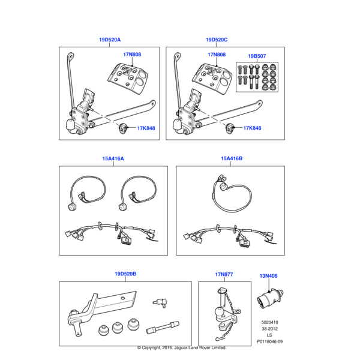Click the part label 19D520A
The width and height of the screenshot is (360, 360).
coord(110,40)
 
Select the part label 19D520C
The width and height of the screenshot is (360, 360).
coord(217,40)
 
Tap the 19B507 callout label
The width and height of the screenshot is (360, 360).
coord(257,56)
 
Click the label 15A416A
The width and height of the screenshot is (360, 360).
coord(113,158)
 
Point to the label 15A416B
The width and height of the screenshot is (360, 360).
coord(232,158)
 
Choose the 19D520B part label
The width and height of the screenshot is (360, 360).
coord(125,274)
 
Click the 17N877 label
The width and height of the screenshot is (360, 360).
coord(224,274)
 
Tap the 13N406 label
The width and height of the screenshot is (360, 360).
coord(268,276)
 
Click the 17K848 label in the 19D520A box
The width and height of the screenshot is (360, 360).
coord(146,128)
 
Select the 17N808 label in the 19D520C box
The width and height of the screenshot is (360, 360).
coord(217,55)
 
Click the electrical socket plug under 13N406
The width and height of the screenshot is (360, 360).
coord(271,298)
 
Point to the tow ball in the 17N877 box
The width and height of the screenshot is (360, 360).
coord(218,312)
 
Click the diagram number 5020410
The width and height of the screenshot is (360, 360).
coord(269,322)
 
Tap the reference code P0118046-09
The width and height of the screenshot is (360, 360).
coord(270,341)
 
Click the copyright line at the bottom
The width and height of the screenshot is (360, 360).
coord(182,348)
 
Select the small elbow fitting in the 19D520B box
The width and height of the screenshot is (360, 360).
coord(160,302)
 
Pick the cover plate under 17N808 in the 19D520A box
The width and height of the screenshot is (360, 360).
coord(128,78)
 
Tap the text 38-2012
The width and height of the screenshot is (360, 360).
coord(270,329)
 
